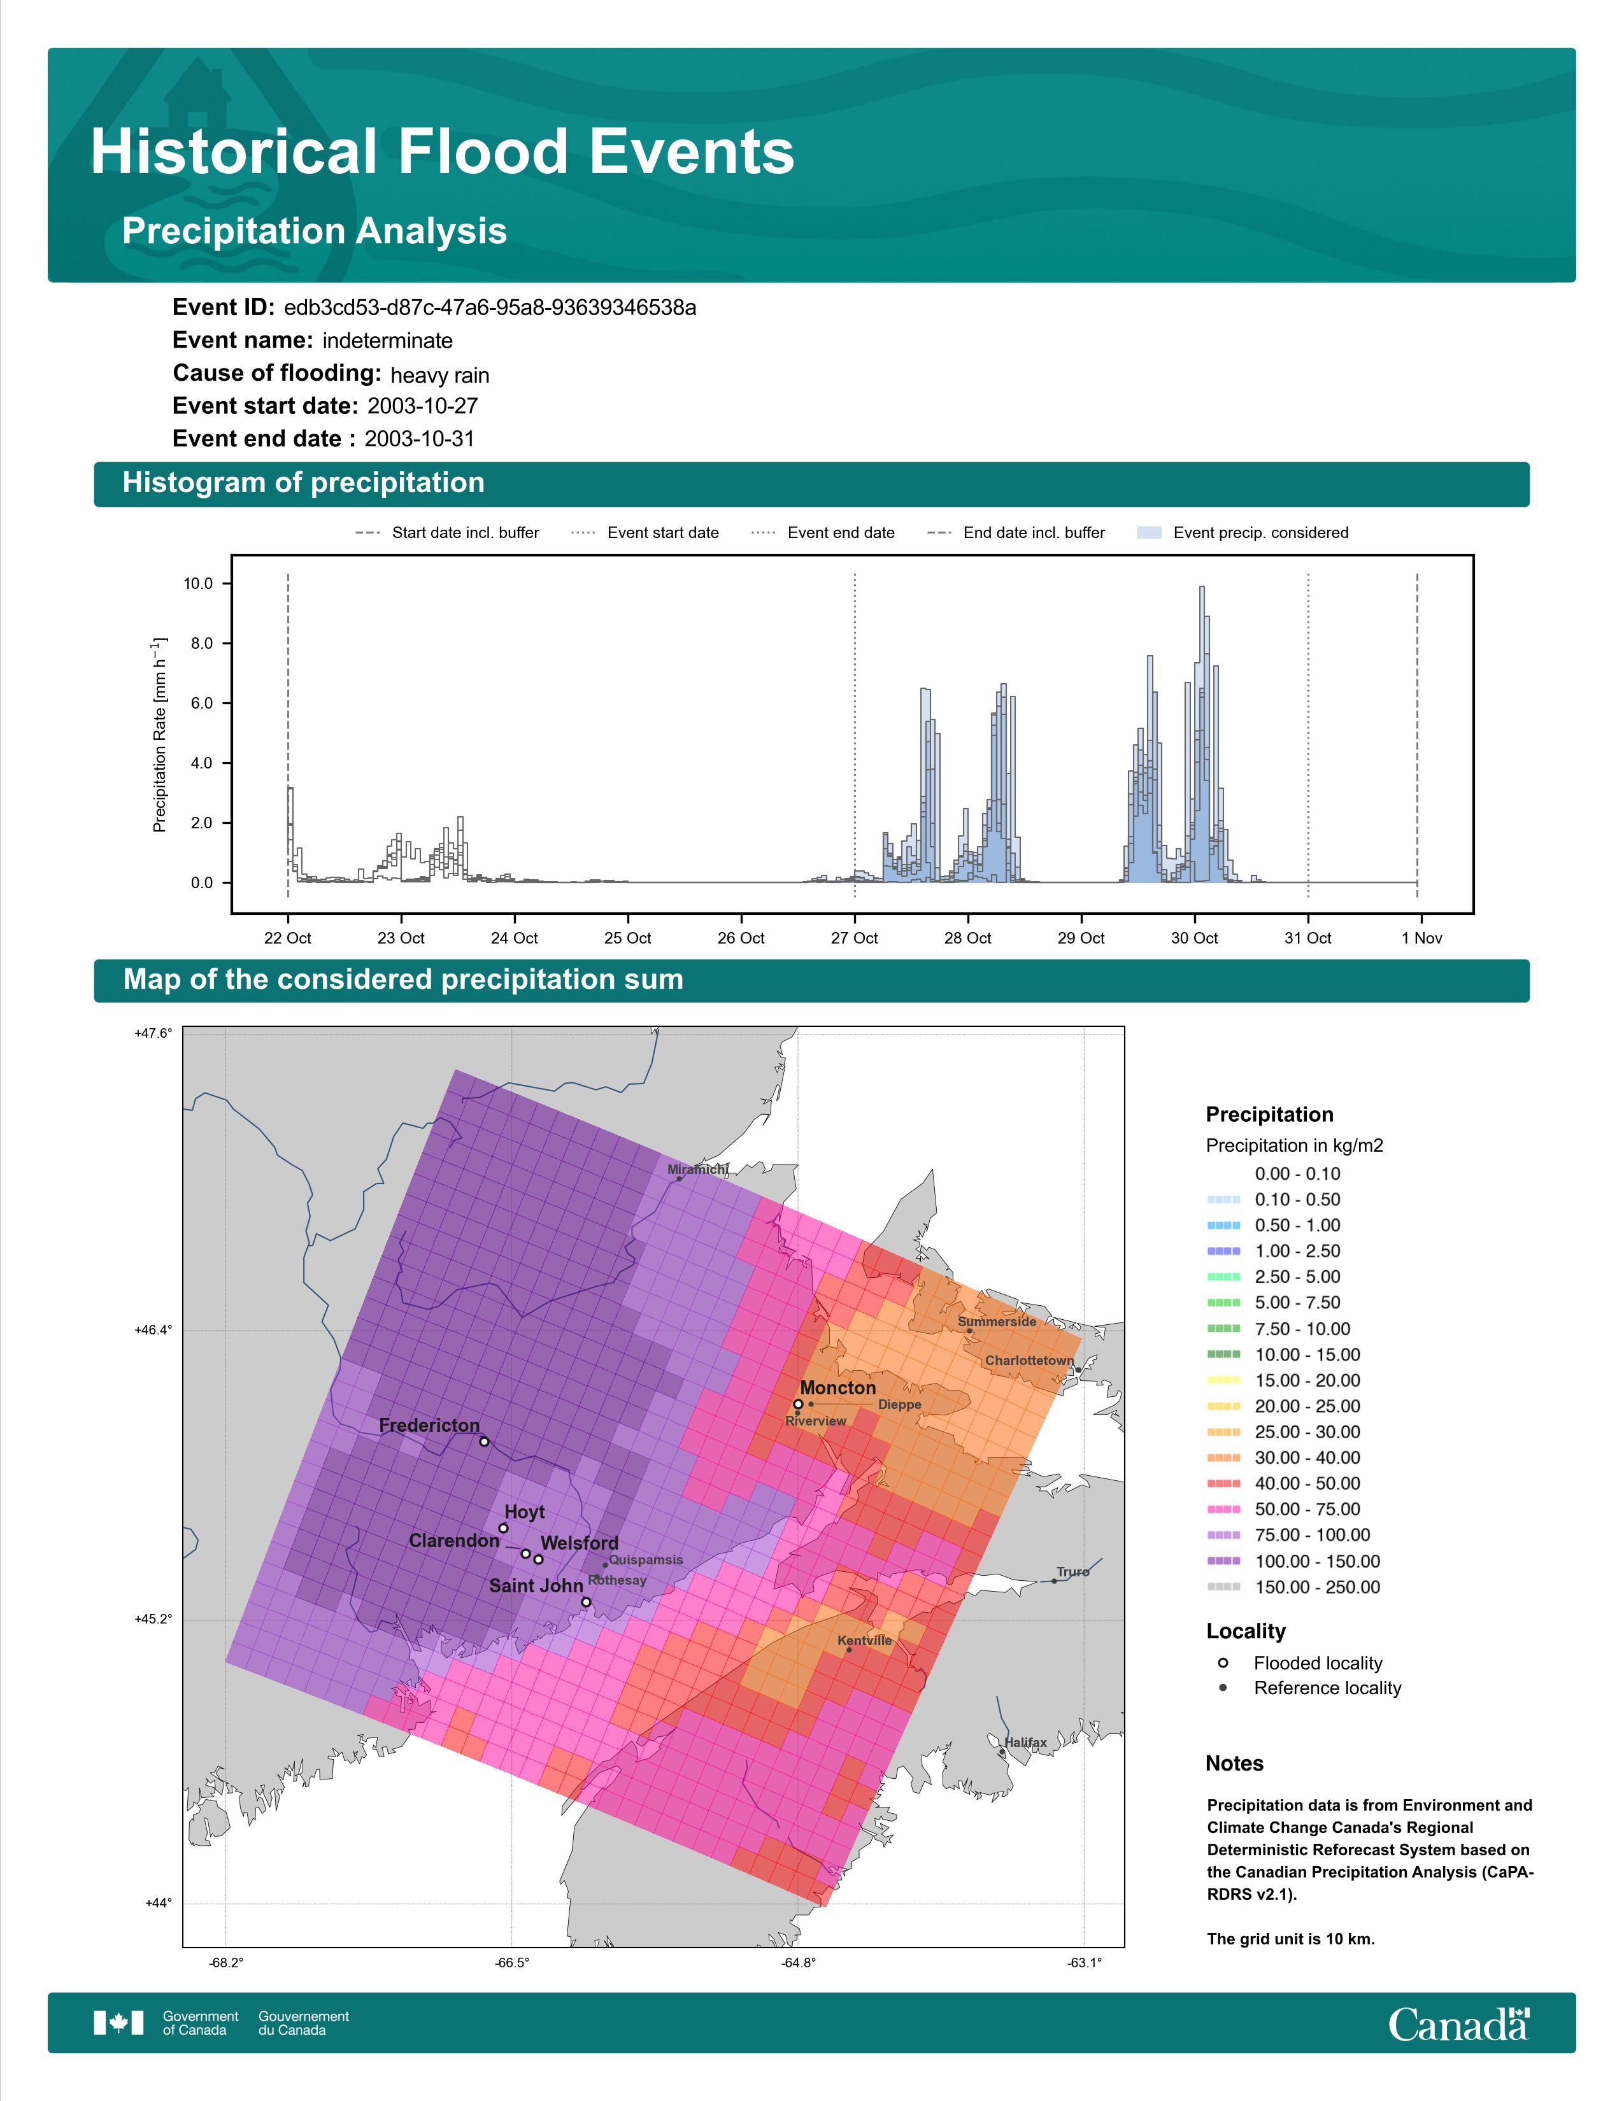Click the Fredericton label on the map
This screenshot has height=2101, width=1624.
[x=429, y=1425]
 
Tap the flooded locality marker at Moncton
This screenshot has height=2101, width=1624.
[x=797, y=1404]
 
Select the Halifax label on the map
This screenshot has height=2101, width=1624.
[x=1025, y=1741]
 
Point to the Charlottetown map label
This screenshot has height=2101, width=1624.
[x=1029, y=1361]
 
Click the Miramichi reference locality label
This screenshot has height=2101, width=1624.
[x=697, y=1169]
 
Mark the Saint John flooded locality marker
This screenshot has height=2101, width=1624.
[x=586, y=1602]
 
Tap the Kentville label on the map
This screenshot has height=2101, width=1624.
[x=865, y=1640]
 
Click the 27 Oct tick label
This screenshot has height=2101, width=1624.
[x=854, y=938]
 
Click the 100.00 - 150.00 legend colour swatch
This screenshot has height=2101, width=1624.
[x=1223, y=1561]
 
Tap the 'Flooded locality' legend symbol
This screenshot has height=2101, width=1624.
[x=1223, y=1662]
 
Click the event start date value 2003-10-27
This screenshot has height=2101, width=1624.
[x=422, y=406]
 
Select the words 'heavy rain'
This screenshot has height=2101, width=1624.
[x=439, y=374]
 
